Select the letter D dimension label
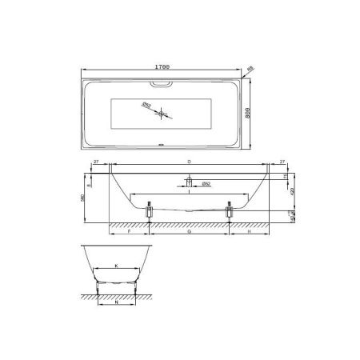(x=188, y=162)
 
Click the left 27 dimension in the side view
(x=96, y=162)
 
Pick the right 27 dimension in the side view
(x=282, y=162)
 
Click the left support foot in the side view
(x=149, y=210)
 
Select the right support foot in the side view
(x=230, y=210)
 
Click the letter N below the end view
(x=116, y=304)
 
